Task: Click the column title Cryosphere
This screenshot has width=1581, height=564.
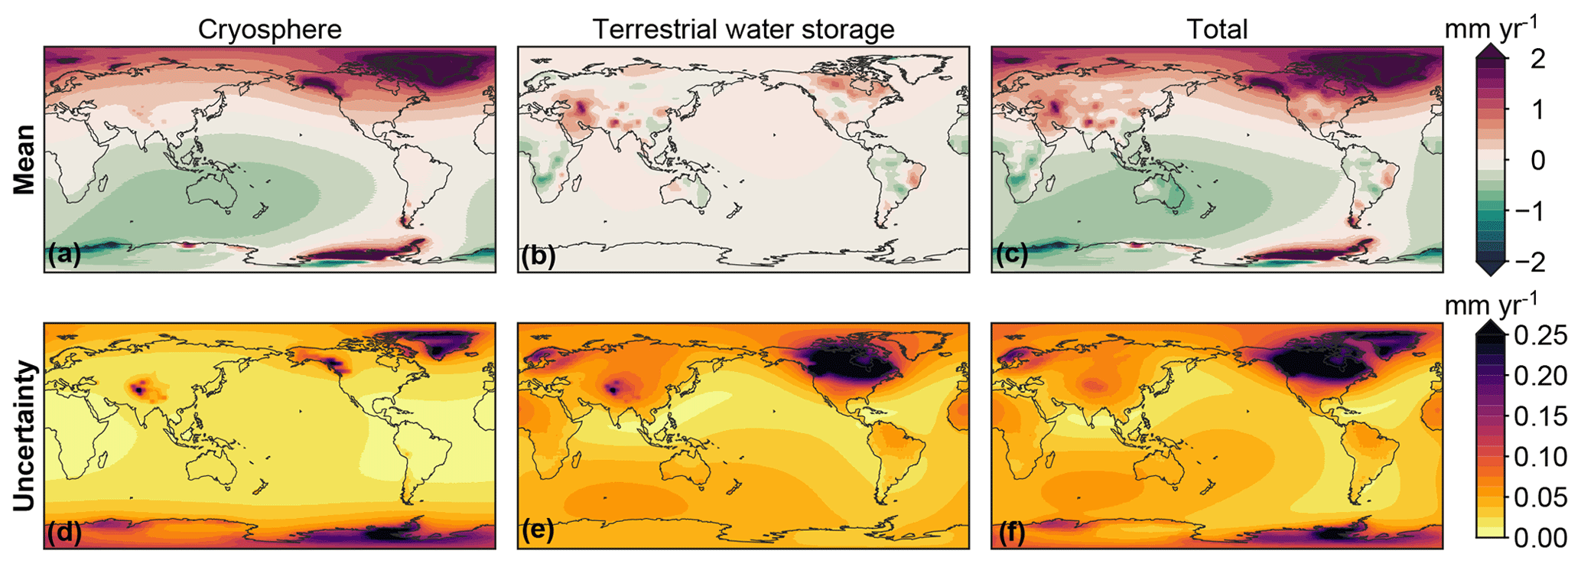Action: pyautogui.click(x=269, y=29)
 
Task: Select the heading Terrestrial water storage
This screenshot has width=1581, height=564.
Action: pyautogui.click(x=743, y=29)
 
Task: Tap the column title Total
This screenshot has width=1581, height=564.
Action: pyautogui.click(x=1217, y=29)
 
